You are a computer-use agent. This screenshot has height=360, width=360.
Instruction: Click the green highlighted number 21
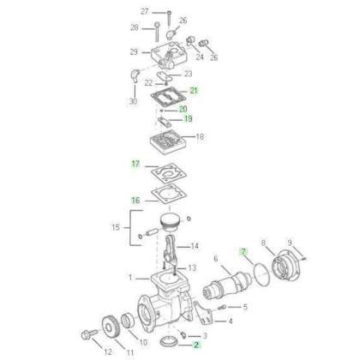pyautogui.click(x=194, y=91)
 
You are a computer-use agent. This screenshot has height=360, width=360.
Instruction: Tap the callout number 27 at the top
pyautogui.click(x=145, y=11)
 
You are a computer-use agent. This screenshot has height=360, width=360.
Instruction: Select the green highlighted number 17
pyautogui.click(x=135, y=164)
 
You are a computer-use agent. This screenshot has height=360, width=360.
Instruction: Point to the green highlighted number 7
pyautogui.click(x=243, y=252)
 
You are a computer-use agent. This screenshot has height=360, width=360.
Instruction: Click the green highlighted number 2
pyautogui.click(x=196, y=345)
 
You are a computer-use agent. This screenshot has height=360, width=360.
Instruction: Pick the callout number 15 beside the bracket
pyautogui.click(x=116, y=227)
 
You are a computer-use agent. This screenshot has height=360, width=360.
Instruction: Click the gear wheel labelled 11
pyautogui.click(x=111, y=327)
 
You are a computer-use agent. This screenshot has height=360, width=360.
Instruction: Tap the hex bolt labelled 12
pyautogui.click(x=89, y=334)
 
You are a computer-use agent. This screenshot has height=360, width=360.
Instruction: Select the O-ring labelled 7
pyautogui.click(x=261, y=274)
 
